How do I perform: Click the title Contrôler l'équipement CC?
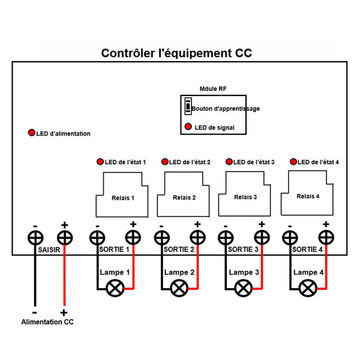[x=176, y=53]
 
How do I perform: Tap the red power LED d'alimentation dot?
[x=31, y=133]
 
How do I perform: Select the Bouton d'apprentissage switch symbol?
[x=188, y=106]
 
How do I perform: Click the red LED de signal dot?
[x=188, y=127]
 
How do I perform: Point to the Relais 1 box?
[x=122, y=194]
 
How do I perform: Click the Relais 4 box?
[x=308, y=193]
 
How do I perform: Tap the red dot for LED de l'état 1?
[x=100, y=162]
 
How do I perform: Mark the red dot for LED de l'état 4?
[x=293, y=162]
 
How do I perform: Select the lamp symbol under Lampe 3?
[x=244, y=288]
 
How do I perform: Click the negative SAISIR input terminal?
[x=35, y=238]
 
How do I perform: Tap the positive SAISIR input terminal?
[x=64, y=238]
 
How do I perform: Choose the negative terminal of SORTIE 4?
[x=290, y=238]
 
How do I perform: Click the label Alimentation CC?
[x=47, y=322]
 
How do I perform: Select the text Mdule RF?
[x=213, y=88]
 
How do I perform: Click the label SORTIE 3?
[x=244, y=248]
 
